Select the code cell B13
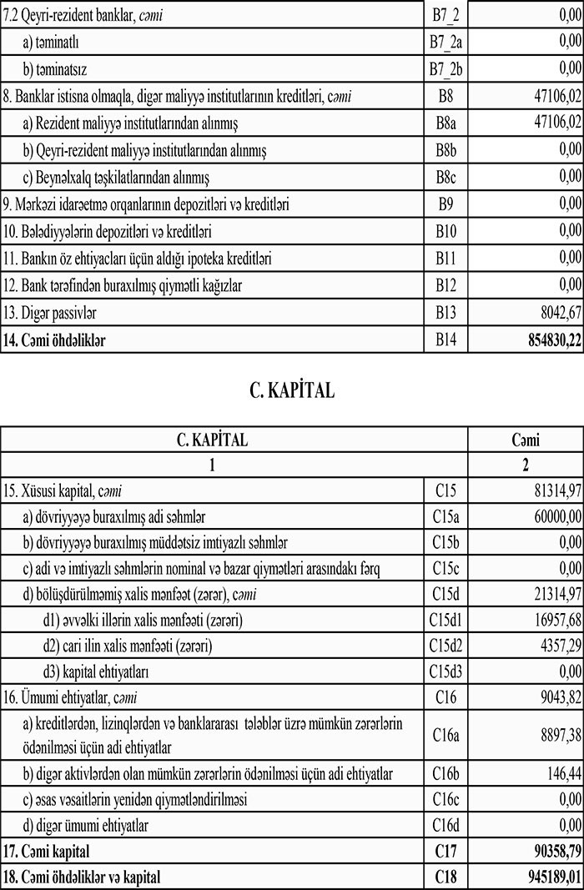point(445,313)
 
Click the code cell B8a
point(445,123)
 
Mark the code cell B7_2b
point(445,68)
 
